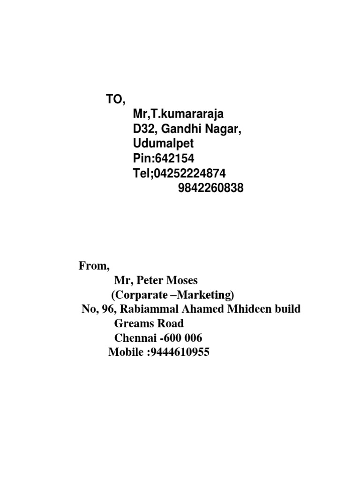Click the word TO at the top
point(114,99)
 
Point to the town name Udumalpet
point(163,143)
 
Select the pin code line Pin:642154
point(164,158)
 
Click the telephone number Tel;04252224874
point(179,173)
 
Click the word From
point(93,266)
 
